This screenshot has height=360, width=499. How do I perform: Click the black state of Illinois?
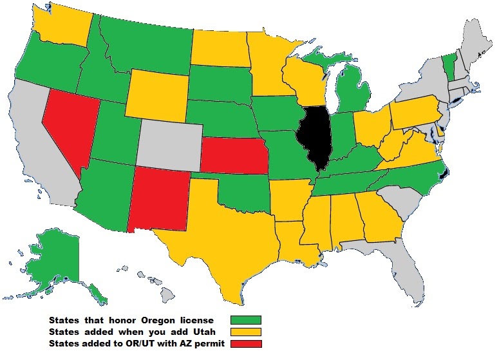pos(314,137)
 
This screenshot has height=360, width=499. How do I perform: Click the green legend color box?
pos(249,320)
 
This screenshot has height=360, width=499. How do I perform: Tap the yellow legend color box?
pos(249,332)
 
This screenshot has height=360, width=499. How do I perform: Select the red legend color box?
pos(249,343)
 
